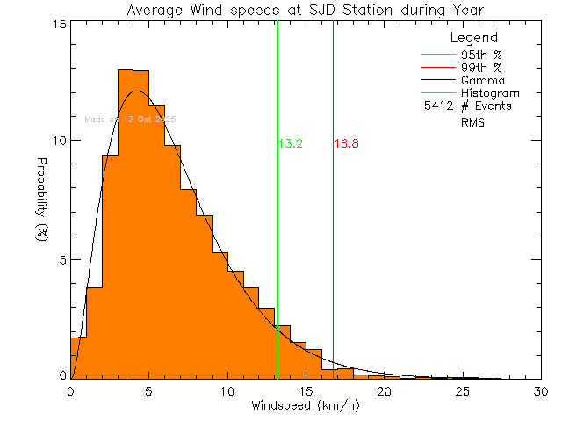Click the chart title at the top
coord(305,11)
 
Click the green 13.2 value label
coord(291,143)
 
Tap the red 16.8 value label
coord(346,143)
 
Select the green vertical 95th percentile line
coord(277,220)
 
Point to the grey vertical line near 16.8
coord(333,220)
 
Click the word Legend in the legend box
coord(473,38)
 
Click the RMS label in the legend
coord(472,123)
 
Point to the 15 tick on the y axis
coord(58,24)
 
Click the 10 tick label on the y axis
coord(58,142)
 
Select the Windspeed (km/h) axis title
coord(305,406)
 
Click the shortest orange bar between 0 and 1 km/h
coord(78,357)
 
